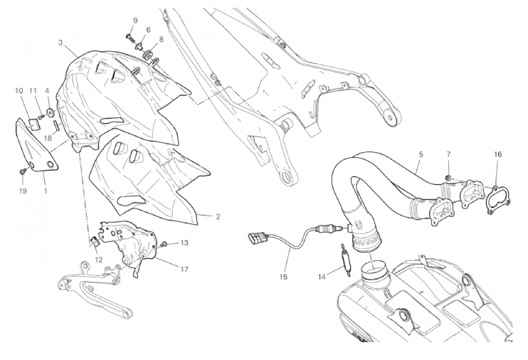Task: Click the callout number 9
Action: [x=135, y=21]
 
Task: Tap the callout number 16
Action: [x=498, y=154]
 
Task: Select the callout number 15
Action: [x=283, y=277]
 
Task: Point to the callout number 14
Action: [x=322, y=277]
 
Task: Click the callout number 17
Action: [x=184, y=269]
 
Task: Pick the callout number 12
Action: [x=98, y=260]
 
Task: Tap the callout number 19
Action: [x=23, y=191]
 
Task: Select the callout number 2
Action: [x=218, y=216]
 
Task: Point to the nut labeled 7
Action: [x=448, y=177]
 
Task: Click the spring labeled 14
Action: [x=345, y=259]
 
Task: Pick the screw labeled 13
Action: [x=164, y=243]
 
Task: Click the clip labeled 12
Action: [x=95, y=241]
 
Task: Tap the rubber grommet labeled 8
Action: [x=148, y=54]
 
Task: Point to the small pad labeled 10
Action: [x=33, y=125]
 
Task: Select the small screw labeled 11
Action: [x=41, y=117]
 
